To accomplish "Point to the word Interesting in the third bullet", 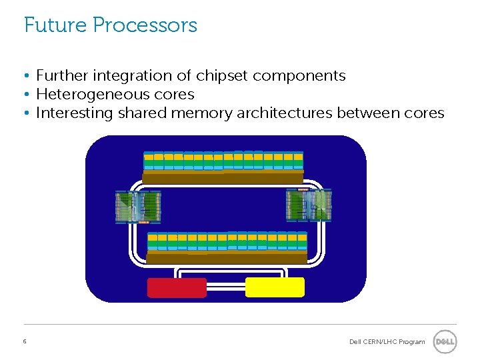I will point(75,113).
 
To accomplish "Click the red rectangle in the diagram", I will point(177,287).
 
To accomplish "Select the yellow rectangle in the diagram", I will point(275,287).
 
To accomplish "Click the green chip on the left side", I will point(139,207).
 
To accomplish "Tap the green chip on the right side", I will point(309,205).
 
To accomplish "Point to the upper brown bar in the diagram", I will point(223,177).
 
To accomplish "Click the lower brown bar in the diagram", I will point(227,257).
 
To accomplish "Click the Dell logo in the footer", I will point(445,342).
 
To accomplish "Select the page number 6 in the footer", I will point(25,341).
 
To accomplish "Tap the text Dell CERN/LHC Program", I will point(387,342).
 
